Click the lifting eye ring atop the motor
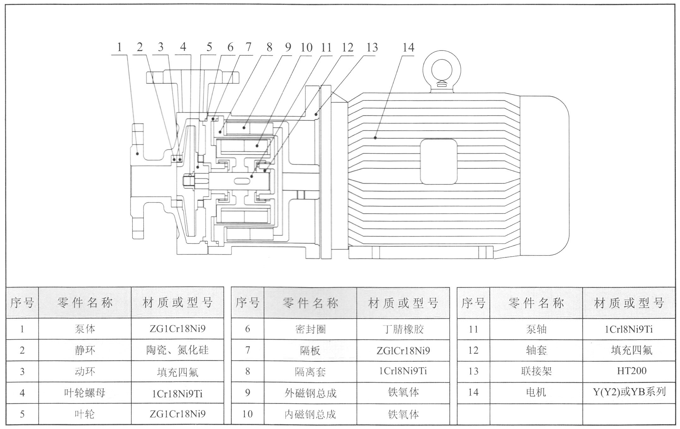click(x=442, y=70)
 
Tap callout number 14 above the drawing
click(x=408, y=48)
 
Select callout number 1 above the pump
click(x=119, y=47)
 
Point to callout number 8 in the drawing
click(x=269, y=47)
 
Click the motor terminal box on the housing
click(x=438, y=162)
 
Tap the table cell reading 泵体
click(x=85, y=329)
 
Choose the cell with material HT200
click(x=631, y=371)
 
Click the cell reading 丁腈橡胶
click(x=403, y=329)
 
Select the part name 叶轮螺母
click(x=85, y=393)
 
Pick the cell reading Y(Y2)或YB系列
click(x=629, y=392)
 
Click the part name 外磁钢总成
click(x=310, y=393)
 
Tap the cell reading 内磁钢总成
click(x=310, y=414)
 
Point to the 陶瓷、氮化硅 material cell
click(x=177, y=350)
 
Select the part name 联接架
click(x=536, y=371)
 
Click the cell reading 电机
click(x=536, y=392)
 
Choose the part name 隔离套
click(x=310, y=371)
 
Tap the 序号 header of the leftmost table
click(x=22, y=303)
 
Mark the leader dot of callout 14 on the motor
click(x=375, y=138)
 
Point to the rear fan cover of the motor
click(x=544, y=175)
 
